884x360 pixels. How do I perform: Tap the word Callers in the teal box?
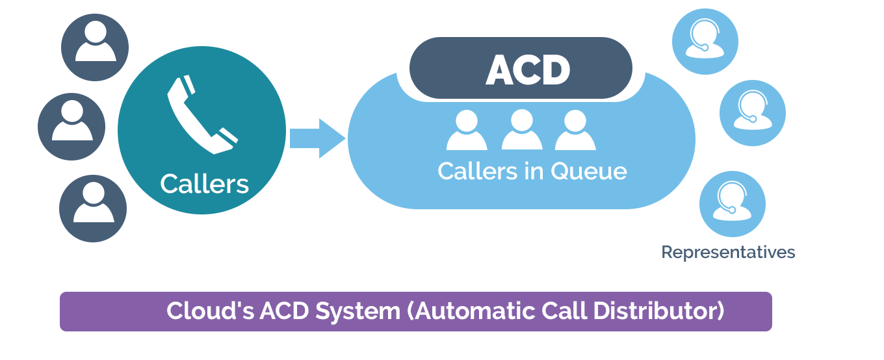(x=204, y=184)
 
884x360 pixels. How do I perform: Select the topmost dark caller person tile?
(x=95, y=47)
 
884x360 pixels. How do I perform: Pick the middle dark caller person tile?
(x=71, y=126)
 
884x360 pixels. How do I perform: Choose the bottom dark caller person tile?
(x=93, y=208)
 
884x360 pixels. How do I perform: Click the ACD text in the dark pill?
(x=527, y=70)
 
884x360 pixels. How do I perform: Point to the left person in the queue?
(x=467, y=130)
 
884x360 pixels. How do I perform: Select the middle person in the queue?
(x=522, y=130)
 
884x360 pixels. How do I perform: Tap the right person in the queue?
(x=575, y=130)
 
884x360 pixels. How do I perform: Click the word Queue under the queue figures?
(x=588, y=172)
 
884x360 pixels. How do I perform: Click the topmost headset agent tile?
(x=705, y=41)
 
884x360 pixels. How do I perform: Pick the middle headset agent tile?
(x=752, y=112)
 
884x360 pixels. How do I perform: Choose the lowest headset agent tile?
(x=732, y=203)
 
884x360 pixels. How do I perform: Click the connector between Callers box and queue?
(x=317, y=138)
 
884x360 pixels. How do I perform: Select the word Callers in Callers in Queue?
(x=478, y=172)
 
